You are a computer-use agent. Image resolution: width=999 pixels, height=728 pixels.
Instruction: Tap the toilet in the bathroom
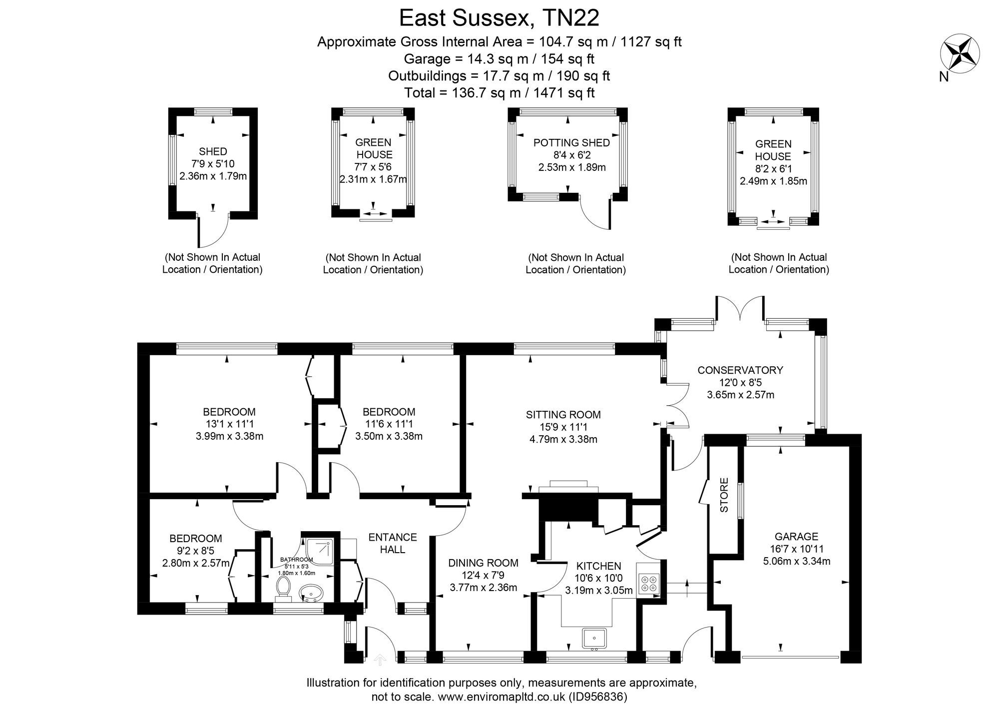(x=283, y=588)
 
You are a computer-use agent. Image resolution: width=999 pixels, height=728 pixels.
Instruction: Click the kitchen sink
(x=594, y=639)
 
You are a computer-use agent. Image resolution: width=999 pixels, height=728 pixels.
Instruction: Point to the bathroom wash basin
(x=311, y=594)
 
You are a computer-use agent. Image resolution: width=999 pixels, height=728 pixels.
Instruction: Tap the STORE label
(x=724, y=495)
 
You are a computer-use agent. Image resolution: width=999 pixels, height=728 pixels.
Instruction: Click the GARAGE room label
(x=796, y=537)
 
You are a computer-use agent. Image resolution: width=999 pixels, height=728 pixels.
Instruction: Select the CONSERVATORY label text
(x=740, y=370)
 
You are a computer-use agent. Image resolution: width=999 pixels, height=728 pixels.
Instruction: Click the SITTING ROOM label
(x=563, y=415)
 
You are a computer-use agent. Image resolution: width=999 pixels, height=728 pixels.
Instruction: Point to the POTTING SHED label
(x=571, y=143)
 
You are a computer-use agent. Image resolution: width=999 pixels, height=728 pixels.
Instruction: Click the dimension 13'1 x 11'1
(x=229, y=424)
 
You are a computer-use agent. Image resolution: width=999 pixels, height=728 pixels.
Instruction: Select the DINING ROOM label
(x=483, y=563)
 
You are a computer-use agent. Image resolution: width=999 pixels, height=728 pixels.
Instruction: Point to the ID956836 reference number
(x=597, y=697)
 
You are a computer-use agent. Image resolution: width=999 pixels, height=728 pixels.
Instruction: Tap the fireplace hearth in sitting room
(x=568, y=484)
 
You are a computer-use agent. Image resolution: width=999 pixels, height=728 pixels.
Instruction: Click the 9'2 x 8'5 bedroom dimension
(x=195, y=551)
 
